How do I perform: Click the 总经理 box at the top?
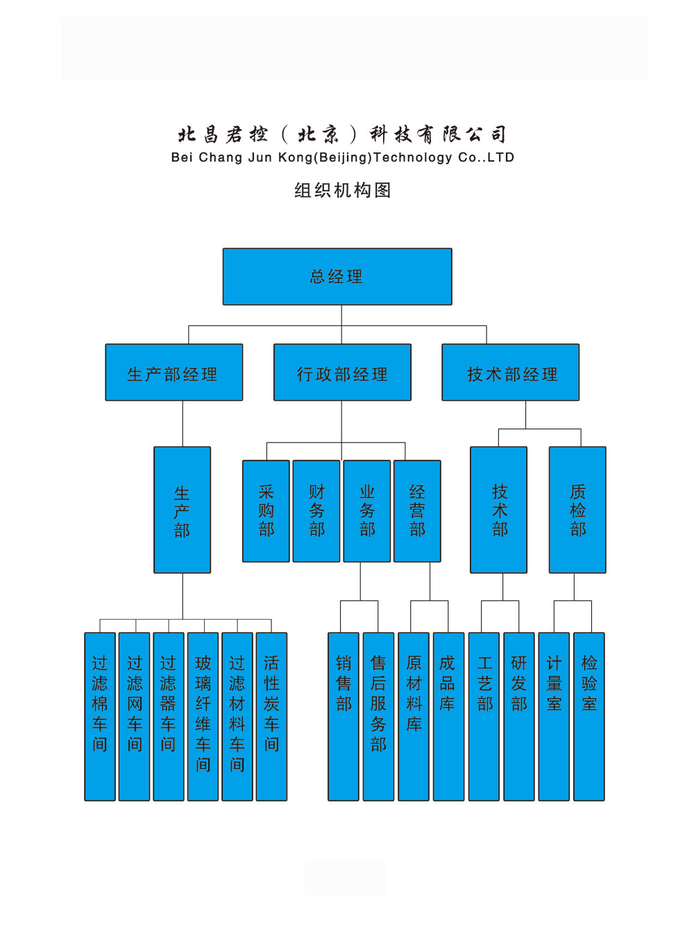[337, 277]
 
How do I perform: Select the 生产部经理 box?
[173, 372]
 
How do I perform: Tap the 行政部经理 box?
[342, 372]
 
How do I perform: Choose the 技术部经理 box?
[511, 372]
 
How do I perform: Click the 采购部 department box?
[266, 511]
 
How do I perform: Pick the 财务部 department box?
[316, 511]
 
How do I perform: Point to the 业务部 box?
[367, 511]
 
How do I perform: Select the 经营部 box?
[417, 511]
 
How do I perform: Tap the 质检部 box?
[577, 510]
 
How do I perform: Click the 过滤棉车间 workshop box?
[100, 716]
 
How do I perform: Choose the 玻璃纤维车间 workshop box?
[203, 716]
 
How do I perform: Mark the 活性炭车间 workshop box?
[271, 716]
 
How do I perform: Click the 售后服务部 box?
[378, 716]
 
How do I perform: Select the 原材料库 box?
[414, 716]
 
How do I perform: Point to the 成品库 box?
[448, 716]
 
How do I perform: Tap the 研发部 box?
[519, 716]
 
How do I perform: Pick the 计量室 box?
[554, 716]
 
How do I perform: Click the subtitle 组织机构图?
[343, 191]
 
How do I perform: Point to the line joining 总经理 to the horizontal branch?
[341, 315]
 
